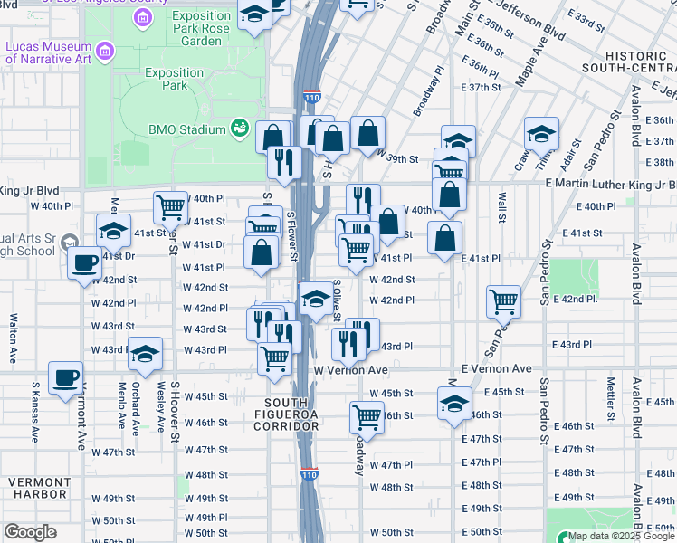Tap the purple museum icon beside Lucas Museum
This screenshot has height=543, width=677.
click(x=106, y=52)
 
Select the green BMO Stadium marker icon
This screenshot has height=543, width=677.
click(x=241, y=129)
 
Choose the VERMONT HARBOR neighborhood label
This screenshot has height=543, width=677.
click(x=39, y=488)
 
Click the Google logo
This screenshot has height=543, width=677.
click(x=30, y=532)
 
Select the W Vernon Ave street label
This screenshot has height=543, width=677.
click(x=350, y=370)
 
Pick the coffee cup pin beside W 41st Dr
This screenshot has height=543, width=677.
click(x=85, y=262)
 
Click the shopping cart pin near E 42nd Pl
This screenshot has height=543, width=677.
click(x=503, y=300)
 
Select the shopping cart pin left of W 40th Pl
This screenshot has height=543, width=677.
click(x=170, y=206)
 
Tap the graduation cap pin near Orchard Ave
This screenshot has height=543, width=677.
click(x=144, y=355)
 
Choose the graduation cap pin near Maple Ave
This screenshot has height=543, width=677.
click(x=541, y=135)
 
